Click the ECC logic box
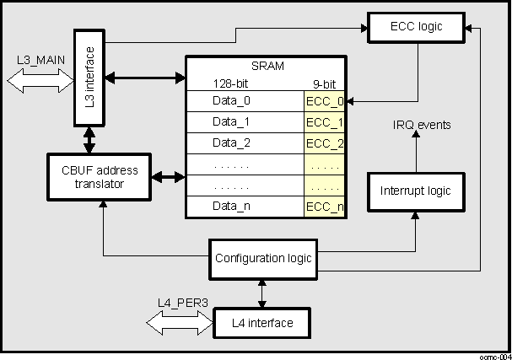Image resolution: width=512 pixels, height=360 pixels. pos(416,28)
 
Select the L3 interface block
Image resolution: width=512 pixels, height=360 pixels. pos(89,78)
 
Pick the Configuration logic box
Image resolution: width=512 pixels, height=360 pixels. pos(262,257)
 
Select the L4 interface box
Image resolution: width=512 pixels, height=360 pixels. pos(262,322)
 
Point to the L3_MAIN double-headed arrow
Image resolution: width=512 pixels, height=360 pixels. pos(40,80)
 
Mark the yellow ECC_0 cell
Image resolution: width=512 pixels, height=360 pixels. pos(325,101)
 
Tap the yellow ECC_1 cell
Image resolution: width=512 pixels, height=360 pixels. pos(325,121)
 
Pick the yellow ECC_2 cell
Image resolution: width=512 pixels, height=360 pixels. pos(325,142)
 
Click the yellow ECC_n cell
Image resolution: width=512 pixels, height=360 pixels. pos(325,207)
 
